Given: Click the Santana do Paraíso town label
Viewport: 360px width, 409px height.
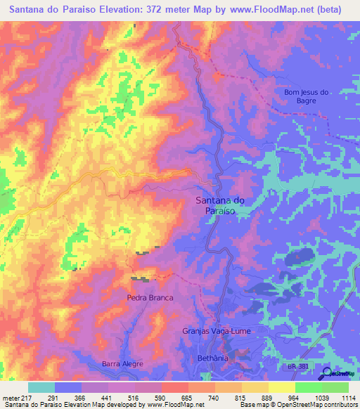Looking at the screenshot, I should (219, 204).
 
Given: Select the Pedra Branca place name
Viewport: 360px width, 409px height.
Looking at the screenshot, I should (150, 298).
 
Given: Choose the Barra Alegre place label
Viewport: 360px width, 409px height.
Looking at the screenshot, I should (122, 363).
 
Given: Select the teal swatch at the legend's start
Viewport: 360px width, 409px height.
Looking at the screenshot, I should (41, 387).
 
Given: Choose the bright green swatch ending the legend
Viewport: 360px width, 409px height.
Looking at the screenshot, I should (335, 387).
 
